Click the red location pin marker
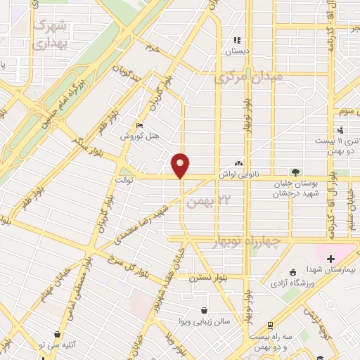(x=180, y=165)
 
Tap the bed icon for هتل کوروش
(x=138, y=126)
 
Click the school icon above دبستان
(x=237, y=40)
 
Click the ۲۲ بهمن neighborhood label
(x=204, y=200)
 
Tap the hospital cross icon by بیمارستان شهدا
(x=330, y=259)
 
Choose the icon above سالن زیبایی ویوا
(x=204, y=310)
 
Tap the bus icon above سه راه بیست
(x=269, y=327)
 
